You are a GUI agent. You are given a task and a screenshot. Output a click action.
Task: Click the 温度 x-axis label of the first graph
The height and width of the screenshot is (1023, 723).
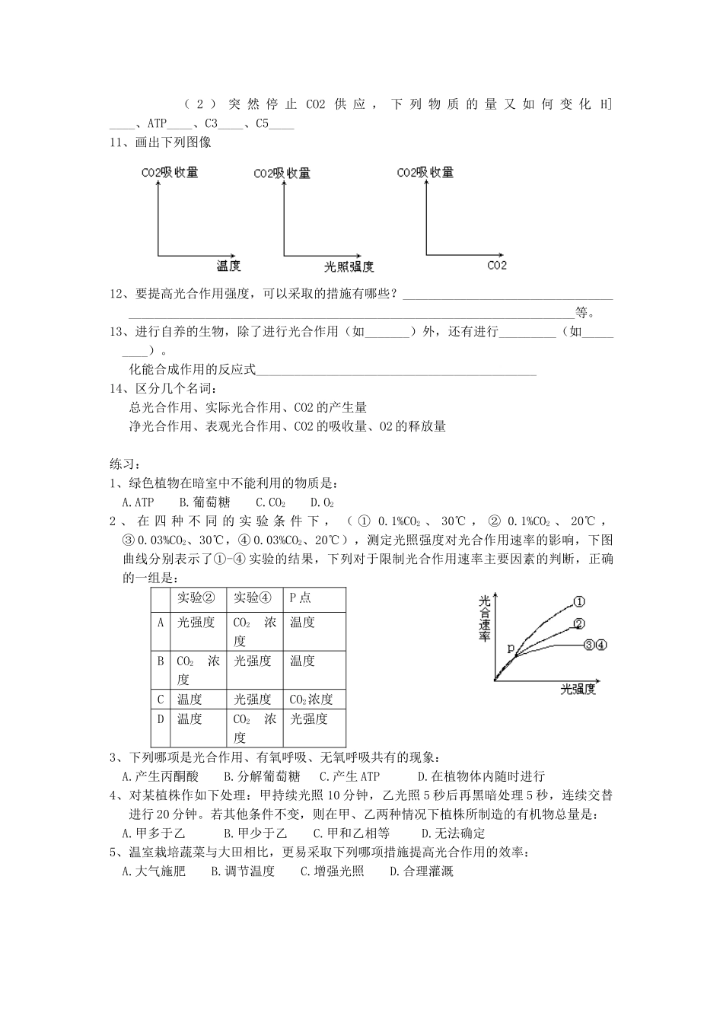[228, 266]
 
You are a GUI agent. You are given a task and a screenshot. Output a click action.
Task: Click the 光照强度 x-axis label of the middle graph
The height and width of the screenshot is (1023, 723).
[349, 266]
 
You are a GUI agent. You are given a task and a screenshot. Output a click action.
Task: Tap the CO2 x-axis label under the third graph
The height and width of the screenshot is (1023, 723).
[497, 266]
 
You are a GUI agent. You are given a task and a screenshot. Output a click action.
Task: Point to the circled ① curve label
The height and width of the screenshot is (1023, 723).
[578, 601]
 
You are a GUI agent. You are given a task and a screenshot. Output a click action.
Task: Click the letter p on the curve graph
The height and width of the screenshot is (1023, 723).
[511, 649]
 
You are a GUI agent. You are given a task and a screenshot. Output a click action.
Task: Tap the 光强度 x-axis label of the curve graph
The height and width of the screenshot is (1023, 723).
[578, 690]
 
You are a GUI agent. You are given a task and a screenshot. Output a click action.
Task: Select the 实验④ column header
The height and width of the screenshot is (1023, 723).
[253, 598]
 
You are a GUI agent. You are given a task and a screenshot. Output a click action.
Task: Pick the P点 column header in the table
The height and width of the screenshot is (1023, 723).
[301, 598]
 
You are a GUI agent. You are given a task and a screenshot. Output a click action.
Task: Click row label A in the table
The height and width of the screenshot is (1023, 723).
[161, 623]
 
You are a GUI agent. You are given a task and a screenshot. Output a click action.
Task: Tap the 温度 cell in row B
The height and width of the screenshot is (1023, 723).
[302, 661]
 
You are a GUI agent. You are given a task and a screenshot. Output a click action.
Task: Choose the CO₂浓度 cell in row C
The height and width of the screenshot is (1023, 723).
[311, 700]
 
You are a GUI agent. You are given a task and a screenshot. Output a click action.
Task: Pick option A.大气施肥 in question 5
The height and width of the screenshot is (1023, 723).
[154, 872]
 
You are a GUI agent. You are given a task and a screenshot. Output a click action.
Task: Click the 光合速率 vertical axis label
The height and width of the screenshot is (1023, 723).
[485, 618]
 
